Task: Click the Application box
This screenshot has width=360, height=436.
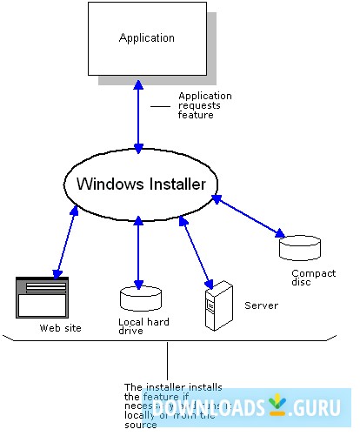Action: pos(147,38)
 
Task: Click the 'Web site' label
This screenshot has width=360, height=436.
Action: pos(57,329)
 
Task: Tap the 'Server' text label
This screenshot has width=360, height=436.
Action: pos(261,305)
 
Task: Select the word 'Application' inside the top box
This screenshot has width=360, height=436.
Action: pos(146,38)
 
